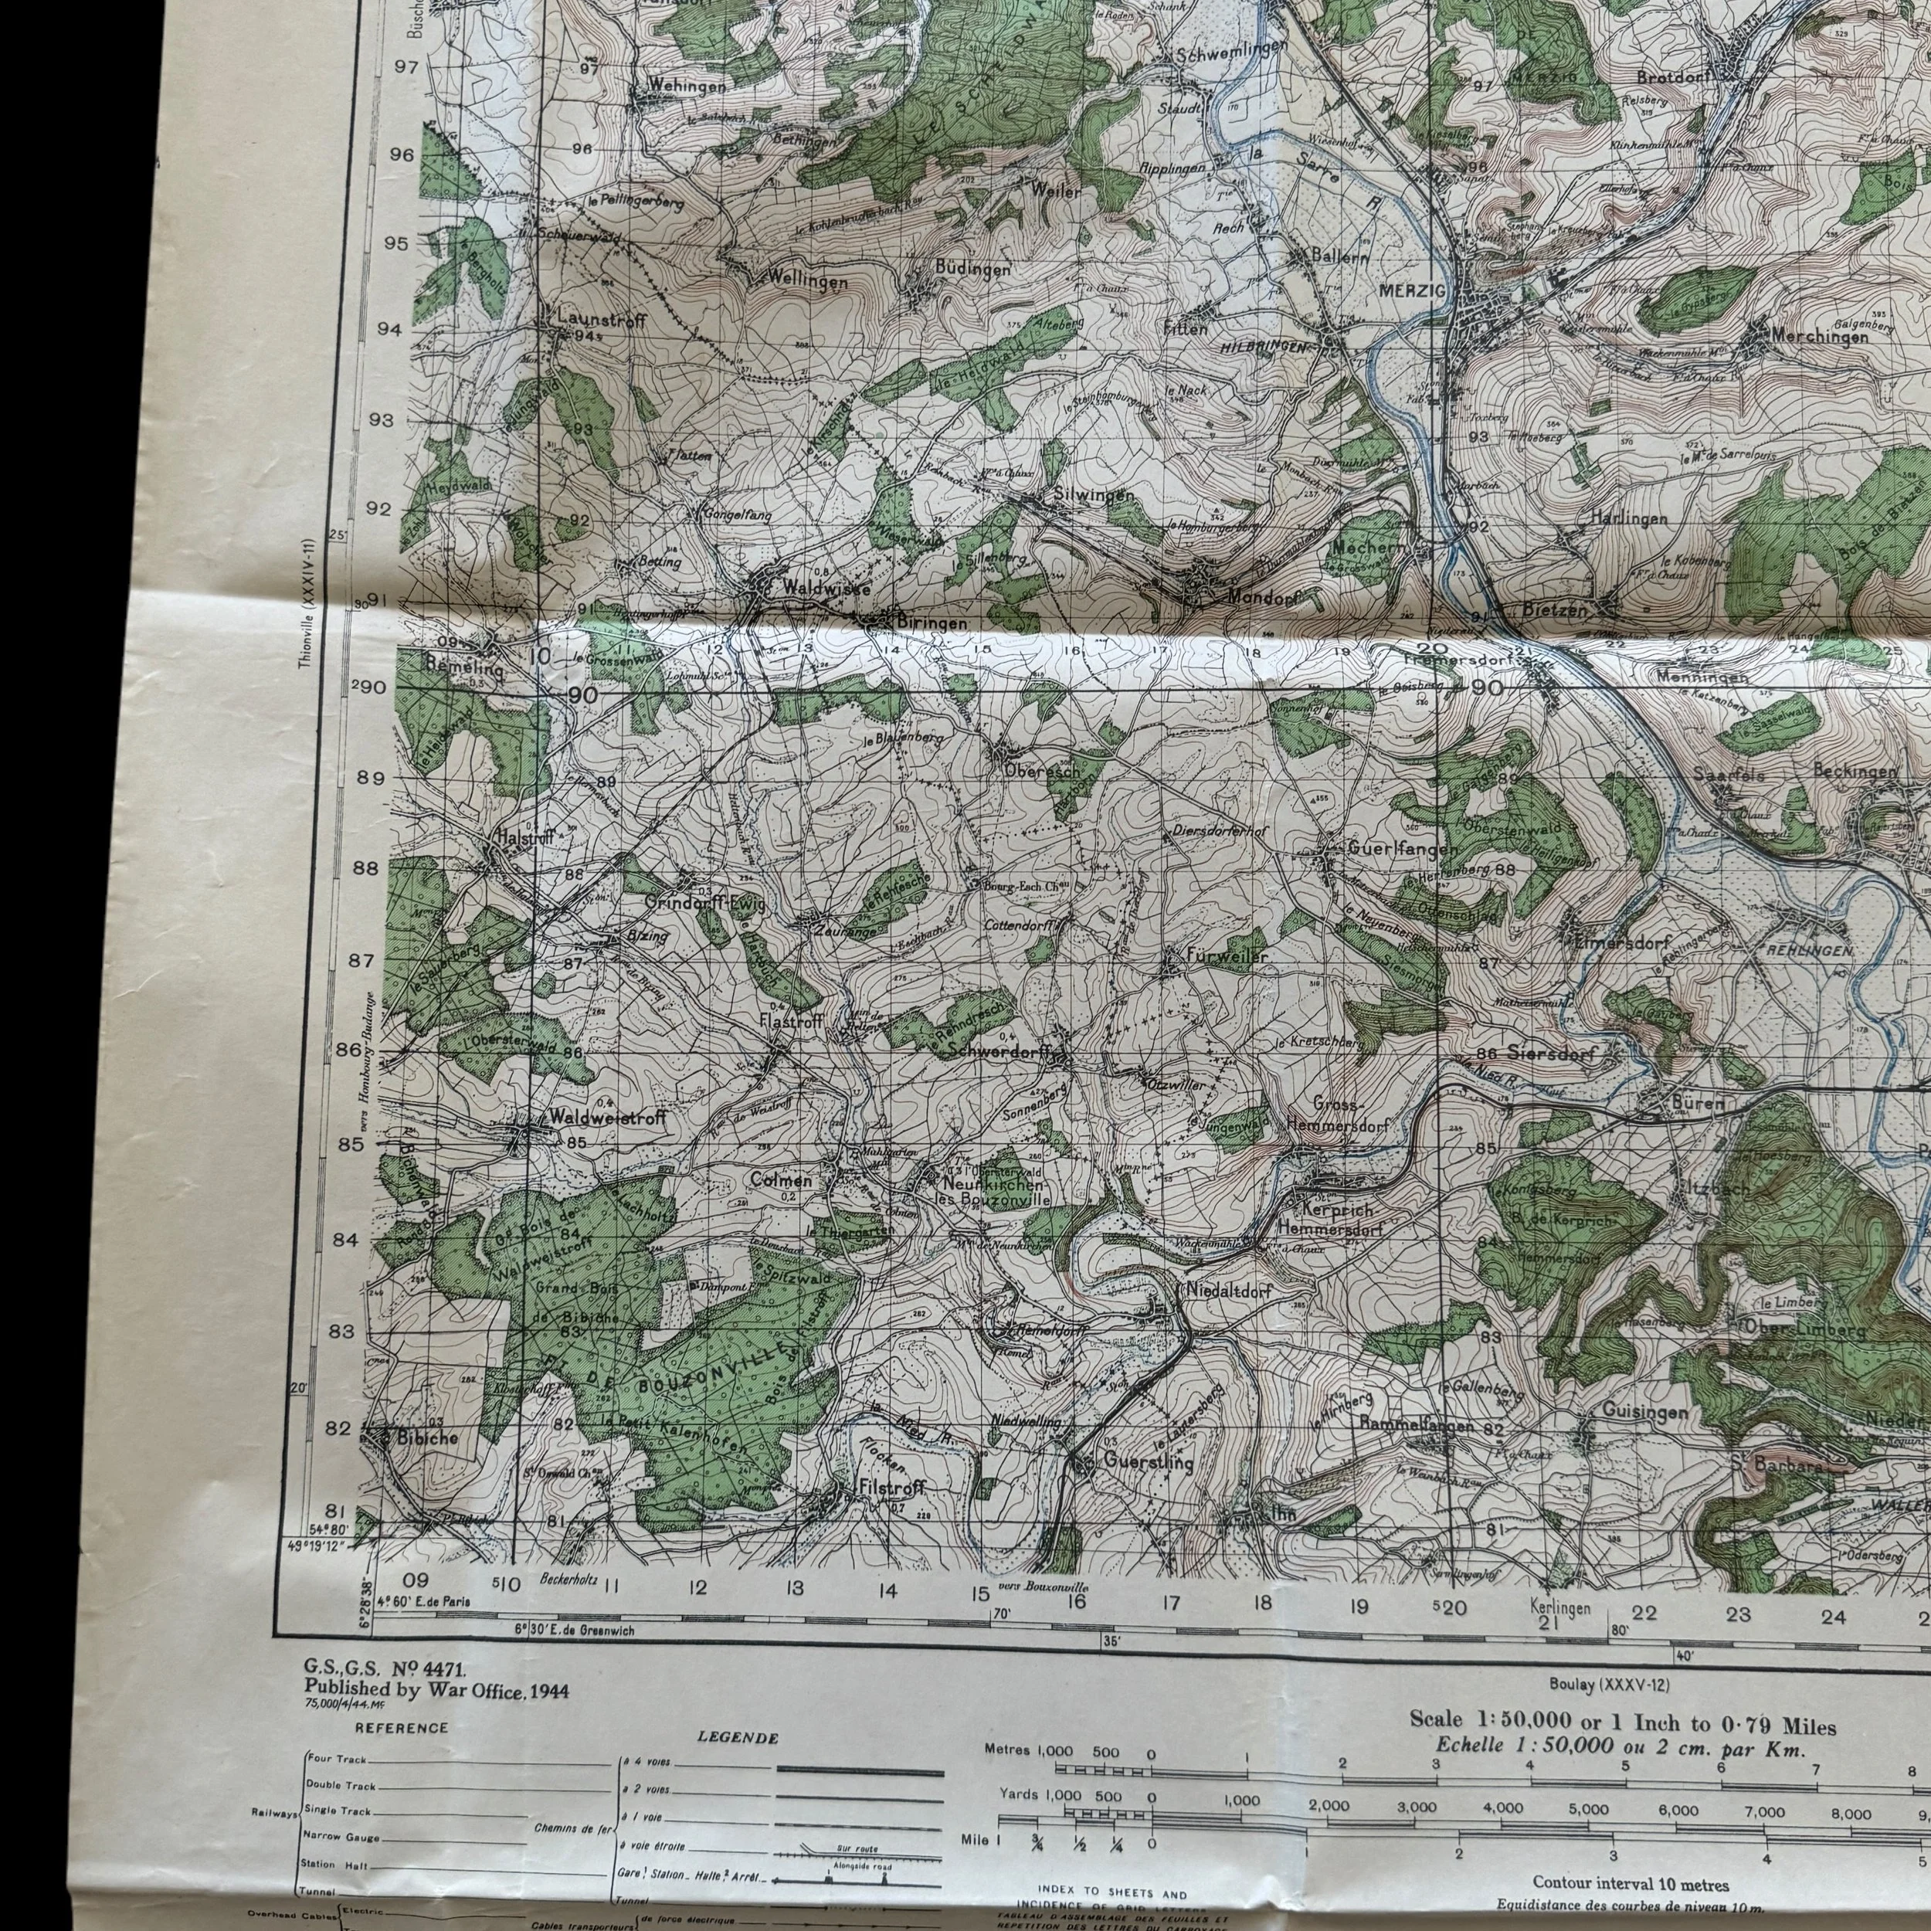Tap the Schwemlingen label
click(1227, 55)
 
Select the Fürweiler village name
click(1227, 956)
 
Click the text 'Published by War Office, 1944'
click(436, 1690)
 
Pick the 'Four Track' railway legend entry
click(336, 1787)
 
